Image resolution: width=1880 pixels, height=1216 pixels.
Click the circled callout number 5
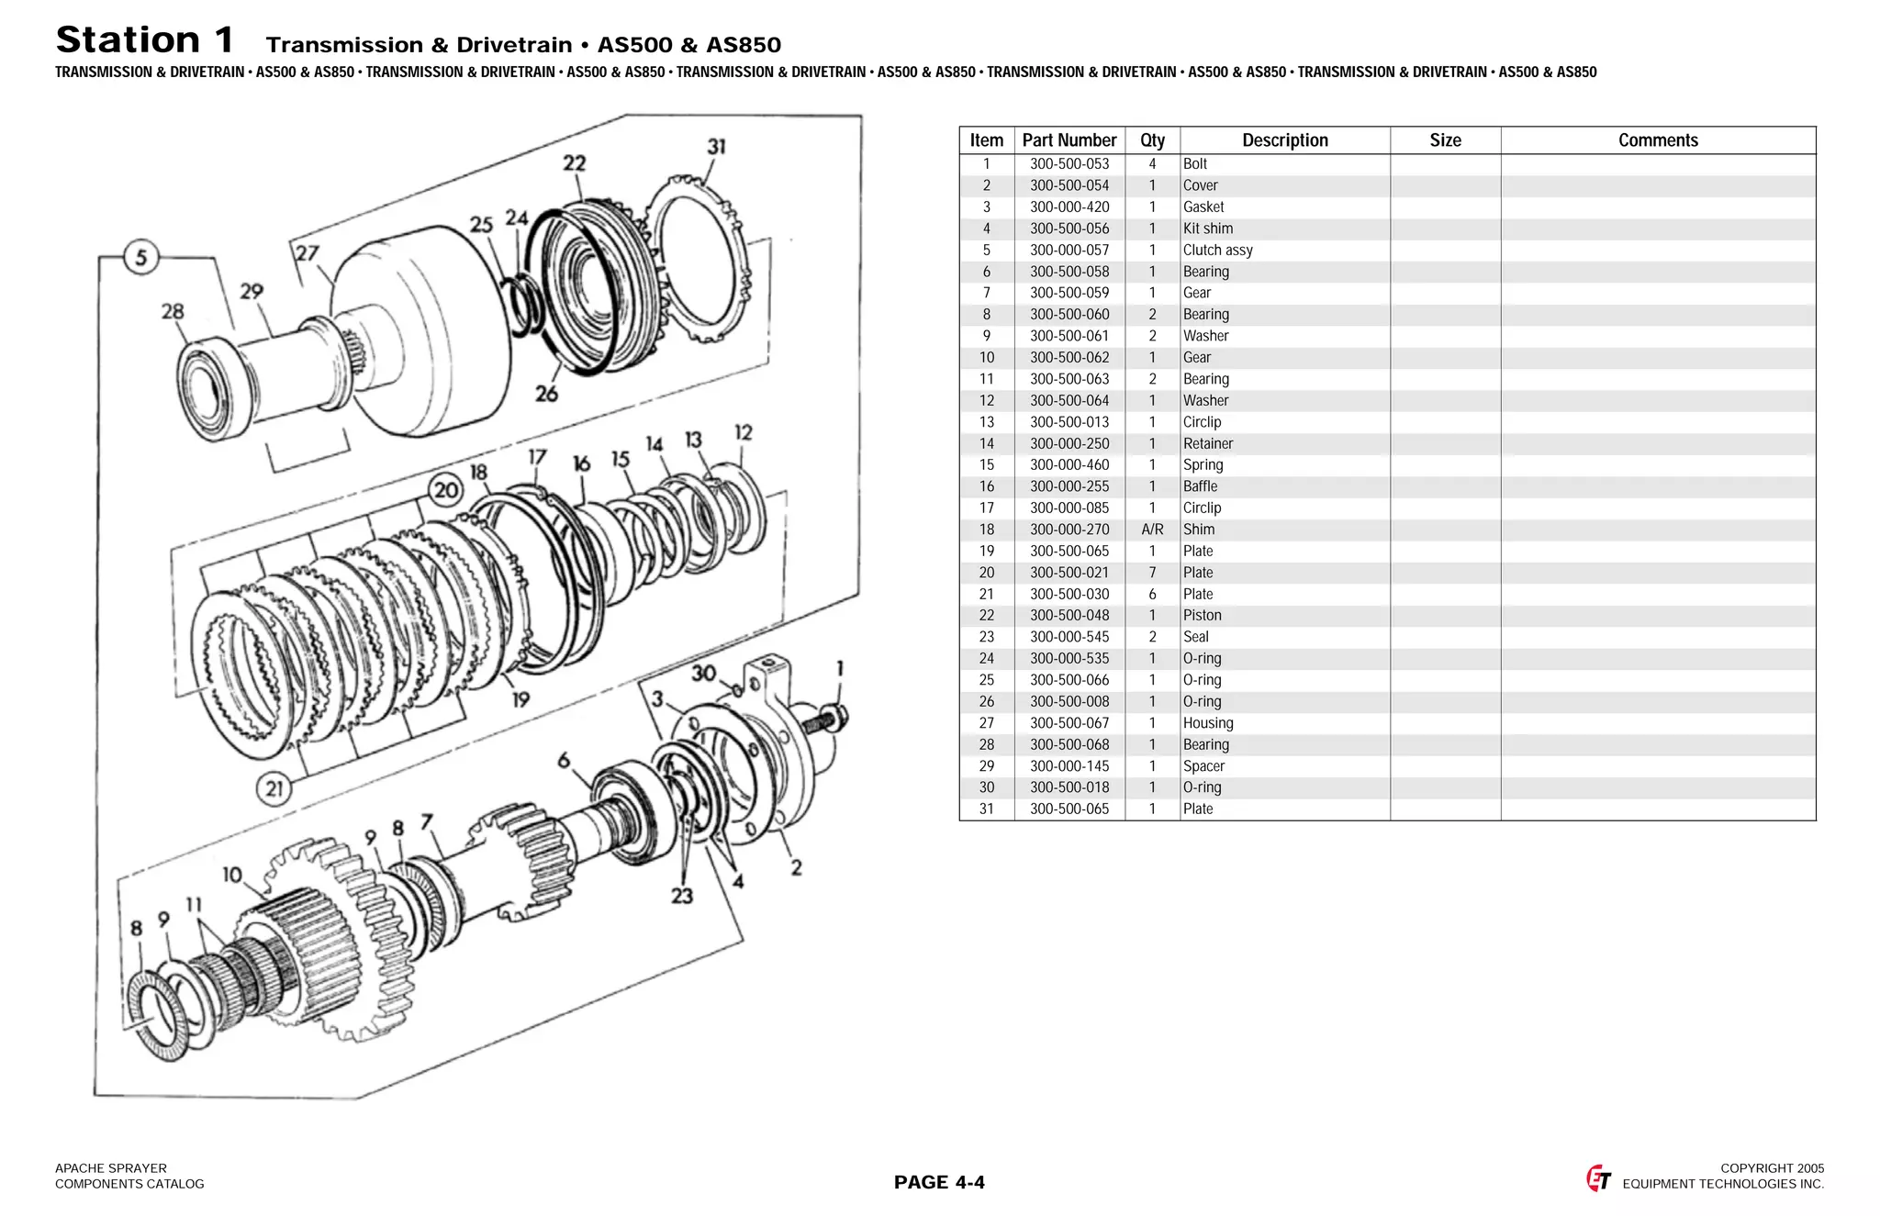point(140,257)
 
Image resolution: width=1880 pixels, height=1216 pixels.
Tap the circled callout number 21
point(274,788)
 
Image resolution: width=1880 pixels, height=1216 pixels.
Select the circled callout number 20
point(446,489)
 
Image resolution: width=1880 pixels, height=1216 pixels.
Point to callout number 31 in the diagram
point(716,147)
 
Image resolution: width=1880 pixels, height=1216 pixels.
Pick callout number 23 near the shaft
point(681,896)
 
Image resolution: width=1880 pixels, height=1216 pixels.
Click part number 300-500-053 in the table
point(1069,164)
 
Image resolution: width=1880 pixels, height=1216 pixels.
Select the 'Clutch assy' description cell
point(1217,251)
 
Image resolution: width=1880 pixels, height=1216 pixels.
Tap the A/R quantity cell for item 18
point(1152,530)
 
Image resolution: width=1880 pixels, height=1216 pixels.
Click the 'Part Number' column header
point(1069,140)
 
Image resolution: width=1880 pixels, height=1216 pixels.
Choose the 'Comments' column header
point(1657,140)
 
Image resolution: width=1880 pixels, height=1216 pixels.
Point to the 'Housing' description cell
point(1208,723)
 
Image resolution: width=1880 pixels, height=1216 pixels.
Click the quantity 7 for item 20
point(1152,573)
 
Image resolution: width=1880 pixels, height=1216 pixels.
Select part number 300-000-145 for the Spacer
point(1069,766)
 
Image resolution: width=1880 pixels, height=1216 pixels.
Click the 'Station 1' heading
point(145,40)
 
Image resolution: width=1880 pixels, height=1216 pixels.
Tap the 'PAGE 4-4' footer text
point(939,1182)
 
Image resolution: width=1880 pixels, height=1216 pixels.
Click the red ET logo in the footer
point(1598,1178)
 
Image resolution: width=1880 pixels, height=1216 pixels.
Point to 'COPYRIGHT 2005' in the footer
point(1772,1168)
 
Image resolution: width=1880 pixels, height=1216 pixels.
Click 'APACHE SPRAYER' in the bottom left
point(111,1168)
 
